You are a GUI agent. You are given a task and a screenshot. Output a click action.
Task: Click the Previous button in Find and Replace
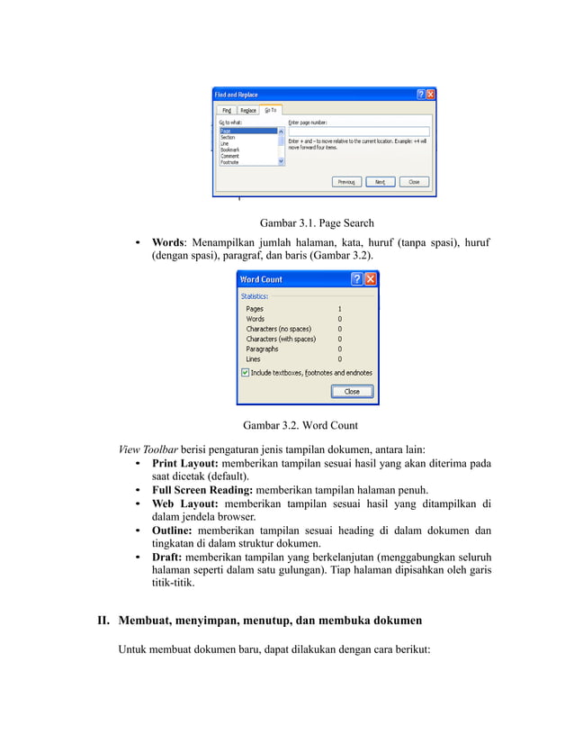tap(345, 182)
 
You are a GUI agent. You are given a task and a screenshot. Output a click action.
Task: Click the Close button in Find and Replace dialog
tap(414, 182)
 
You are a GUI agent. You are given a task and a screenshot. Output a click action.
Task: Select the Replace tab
tap(248, 110)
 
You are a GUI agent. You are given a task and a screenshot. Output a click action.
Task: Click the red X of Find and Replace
tap(430, 94)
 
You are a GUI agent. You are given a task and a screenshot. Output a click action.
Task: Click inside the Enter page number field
tap(358, 131)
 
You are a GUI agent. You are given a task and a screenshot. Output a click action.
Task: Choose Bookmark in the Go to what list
tap(230, 150)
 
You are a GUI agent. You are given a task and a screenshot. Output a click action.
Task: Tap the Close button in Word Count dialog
tap(352, 392)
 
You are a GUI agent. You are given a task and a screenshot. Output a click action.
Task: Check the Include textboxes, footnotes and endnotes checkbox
tap(246, 373)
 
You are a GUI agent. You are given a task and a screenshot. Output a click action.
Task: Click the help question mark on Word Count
tap(356, 279)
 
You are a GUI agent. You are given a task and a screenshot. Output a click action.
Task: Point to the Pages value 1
tap(339, 309)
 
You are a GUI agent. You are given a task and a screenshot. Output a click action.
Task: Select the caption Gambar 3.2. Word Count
tap(300, 425)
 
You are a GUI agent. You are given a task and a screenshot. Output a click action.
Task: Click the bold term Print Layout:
tap(184, 464)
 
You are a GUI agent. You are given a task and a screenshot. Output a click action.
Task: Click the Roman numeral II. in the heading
tap(104, 621)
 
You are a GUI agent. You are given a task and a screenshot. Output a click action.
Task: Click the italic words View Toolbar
tap(148, 449)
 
